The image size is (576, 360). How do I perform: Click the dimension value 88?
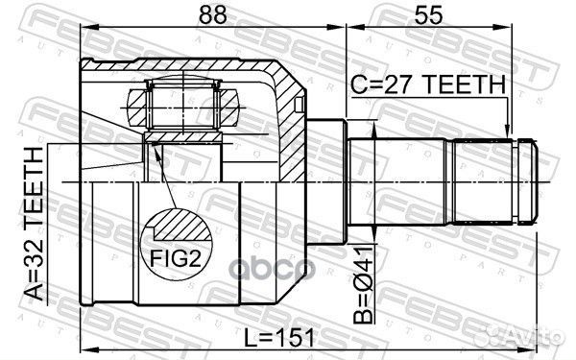[x=213, y=14]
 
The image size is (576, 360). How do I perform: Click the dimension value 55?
[x=428, y=14]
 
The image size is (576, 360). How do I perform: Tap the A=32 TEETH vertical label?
[x=34, y=223]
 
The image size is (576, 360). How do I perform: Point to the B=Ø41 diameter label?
[x=363, y=285]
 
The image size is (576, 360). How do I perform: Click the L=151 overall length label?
[x=279, y=338]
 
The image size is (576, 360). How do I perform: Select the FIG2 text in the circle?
[x=176, y=259]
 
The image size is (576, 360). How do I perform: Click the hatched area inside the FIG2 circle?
[x=183, y=225]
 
